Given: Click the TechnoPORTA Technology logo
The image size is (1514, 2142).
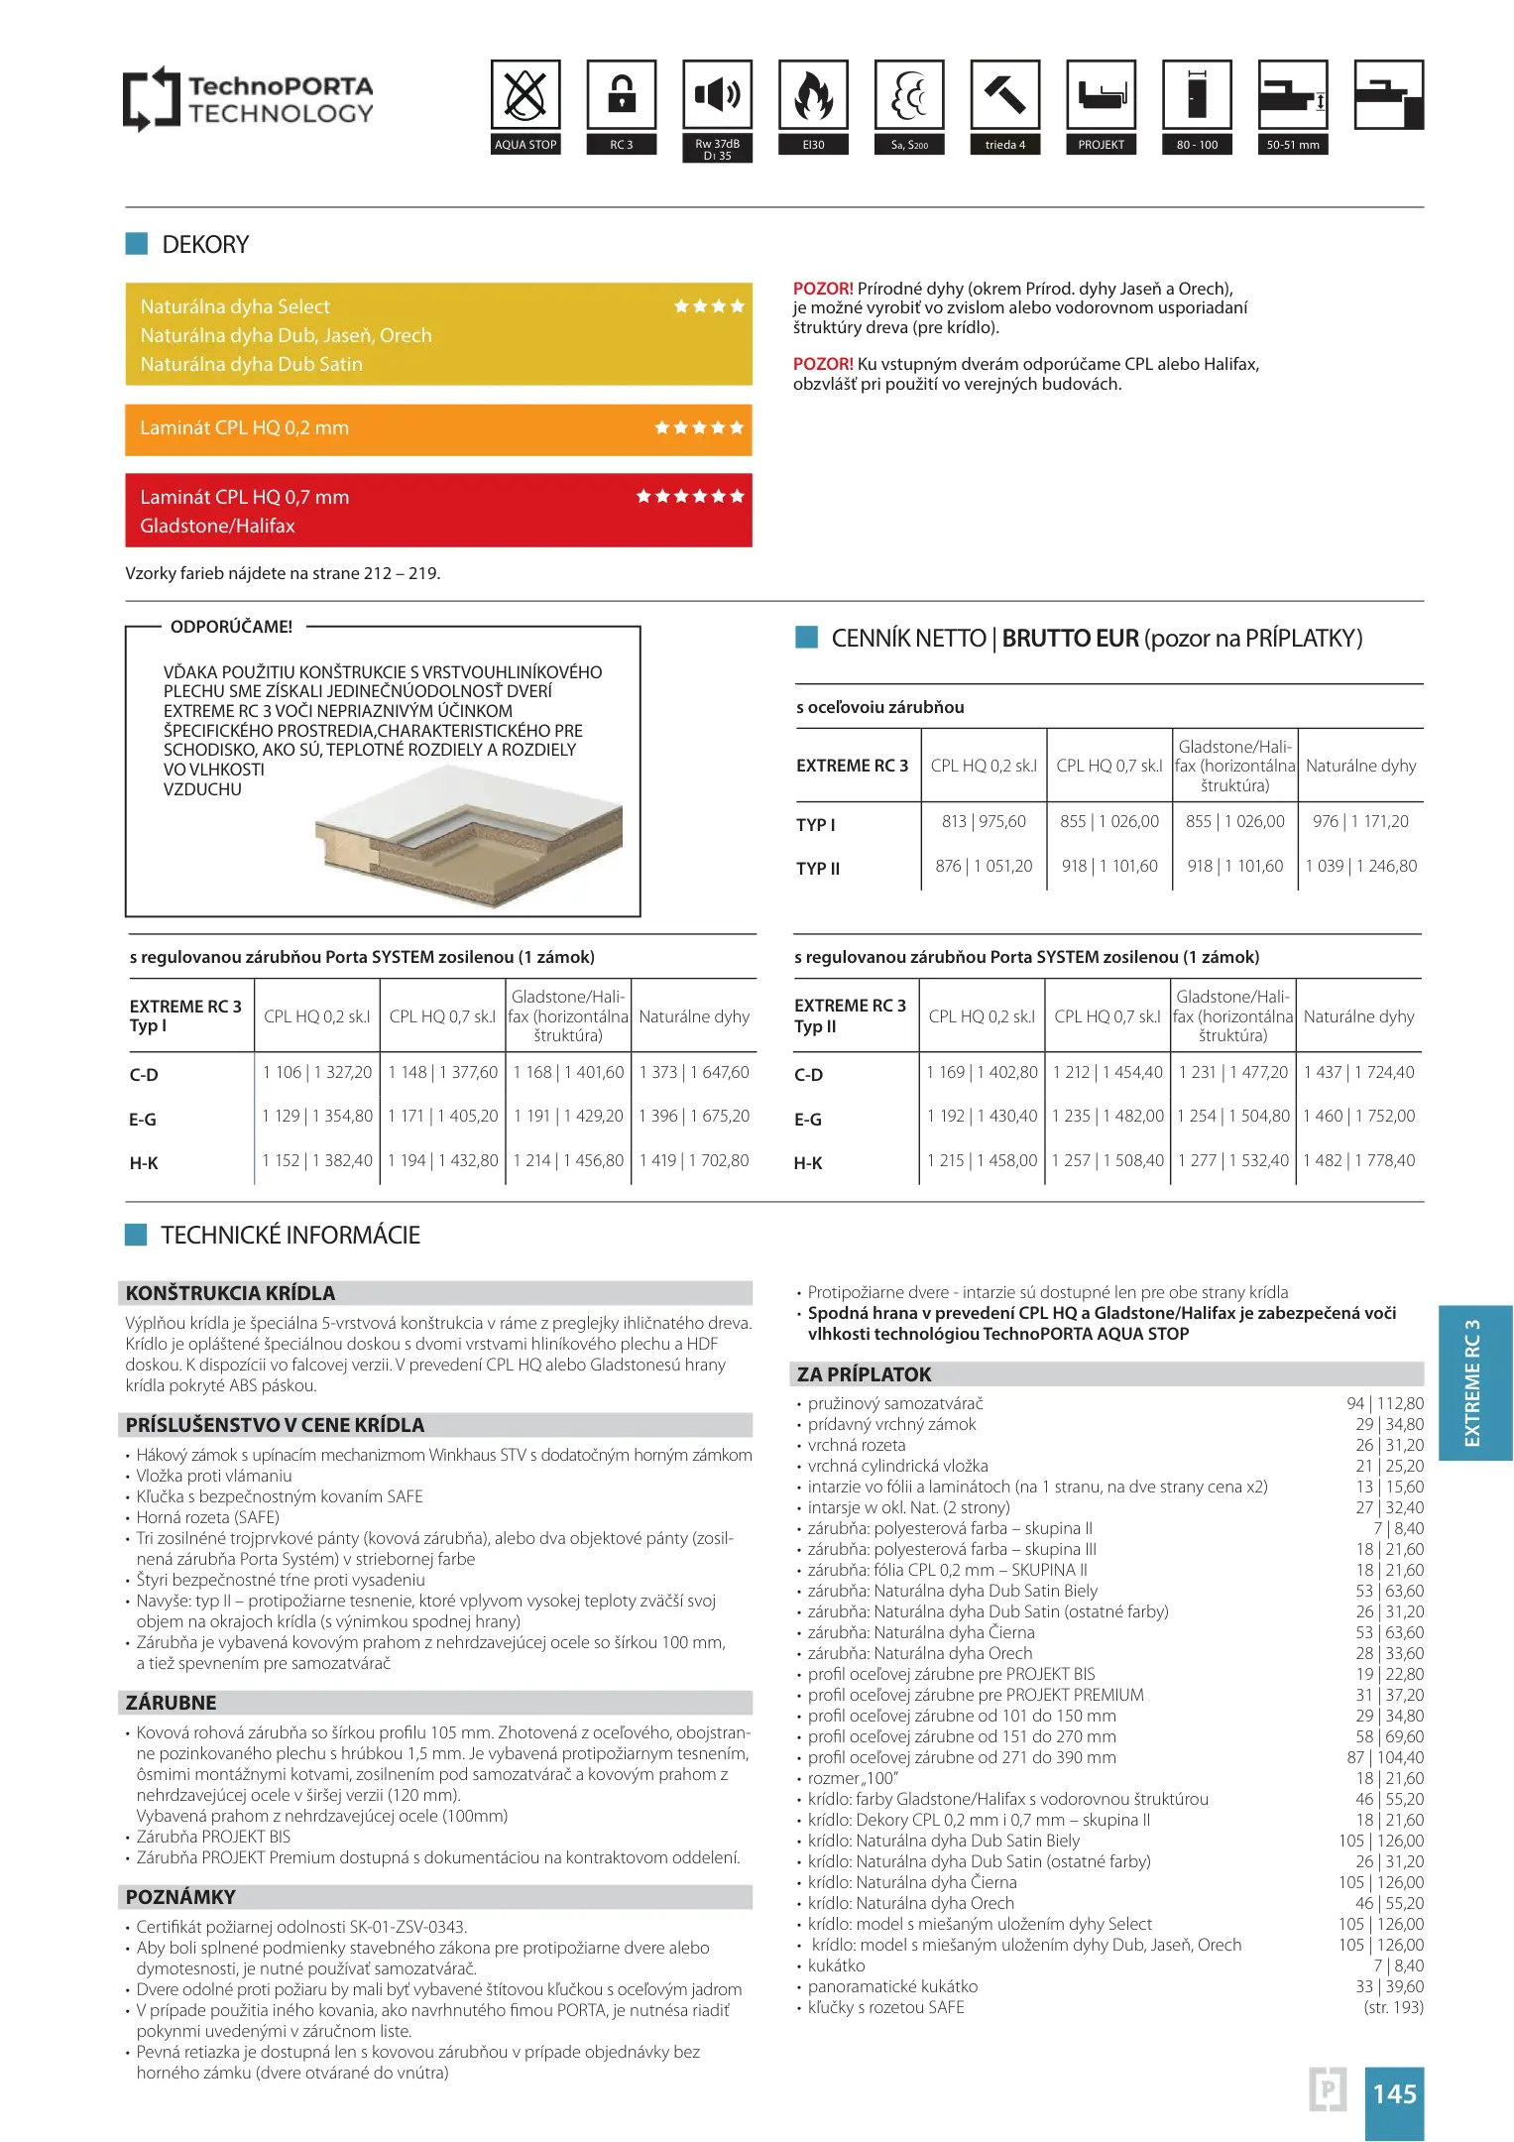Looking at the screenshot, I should click(x=248, y=99).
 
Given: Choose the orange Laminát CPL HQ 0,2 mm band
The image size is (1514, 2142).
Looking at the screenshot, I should click(x=438, y=429).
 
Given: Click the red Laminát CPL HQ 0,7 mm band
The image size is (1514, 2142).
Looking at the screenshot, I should click(x=438, y=511).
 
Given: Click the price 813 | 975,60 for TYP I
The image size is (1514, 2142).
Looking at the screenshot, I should click(x=984, y=822).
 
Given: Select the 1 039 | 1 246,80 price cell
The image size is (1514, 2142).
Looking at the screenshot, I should click(x=1361, y=867).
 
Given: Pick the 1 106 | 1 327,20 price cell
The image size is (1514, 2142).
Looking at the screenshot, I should click(x=317, y=1073).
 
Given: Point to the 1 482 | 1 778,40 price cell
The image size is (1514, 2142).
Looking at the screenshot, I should click(x=1359, y=1161).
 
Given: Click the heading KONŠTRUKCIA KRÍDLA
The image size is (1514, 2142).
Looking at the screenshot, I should click(x=231, y=1293).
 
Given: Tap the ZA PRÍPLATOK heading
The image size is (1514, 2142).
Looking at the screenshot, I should click(x=864, y=1374).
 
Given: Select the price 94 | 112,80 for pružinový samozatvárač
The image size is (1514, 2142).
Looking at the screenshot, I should click(x=1385, y=1404).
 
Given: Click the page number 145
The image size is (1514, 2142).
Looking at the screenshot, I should click(x=1394, y=2094).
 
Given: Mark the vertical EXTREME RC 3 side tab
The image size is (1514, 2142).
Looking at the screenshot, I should click(x=1474, y=1382).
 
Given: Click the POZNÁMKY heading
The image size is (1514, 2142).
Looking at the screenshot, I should click(x=180, y=1897).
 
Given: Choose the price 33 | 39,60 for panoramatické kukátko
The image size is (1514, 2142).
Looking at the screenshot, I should click(x=1389, y=1987).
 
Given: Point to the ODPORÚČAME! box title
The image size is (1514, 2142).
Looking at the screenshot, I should click(x=231, y=628).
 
